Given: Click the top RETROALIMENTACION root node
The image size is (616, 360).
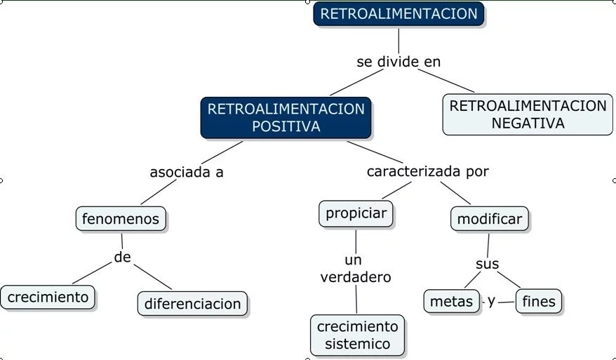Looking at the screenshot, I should pos(399,14).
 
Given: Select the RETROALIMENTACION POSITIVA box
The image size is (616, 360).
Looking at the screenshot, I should pos(286,117).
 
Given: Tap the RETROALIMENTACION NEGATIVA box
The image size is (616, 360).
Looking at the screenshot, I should pos(528,114).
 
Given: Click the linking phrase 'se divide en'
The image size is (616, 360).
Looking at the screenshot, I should pos(399,62).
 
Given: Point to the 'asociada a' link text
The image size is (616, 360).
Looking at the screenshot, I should pos(187,172).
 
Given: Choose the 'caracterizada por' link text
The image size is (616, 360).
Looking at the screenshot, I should pos(428,171).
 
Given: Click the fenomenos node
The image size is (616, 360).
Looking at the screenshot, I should pos(121,219).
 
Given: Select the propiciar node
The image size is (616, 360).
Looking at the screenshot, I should pos(356,213).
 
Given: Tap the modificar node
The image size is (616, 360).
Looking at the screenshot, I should pos(490,219).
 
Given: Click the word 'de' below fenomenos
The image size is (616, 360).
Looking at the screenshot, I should pos(123,258).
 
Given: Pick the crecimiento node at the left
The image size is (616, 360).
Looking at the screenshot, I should pos(48,297).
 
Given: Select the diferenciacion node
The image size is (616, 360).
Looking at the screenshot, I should pos(192,304).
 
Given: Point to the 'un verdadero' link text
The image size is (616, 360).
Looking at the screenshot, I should pos(355,269).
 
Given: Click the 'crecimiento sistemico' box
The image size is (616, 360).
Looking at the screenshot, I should pos(357,335).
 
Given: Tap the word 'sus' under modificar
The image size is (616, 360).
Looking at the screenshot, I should pos(487,264).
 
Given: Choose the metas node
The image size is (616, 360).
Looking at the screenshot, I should pos(452,302).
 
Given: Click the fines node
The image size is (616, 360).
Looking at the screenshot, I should pos(539,302).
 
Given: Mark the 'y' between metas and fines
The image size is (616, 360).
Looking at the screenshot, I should pos(492,300).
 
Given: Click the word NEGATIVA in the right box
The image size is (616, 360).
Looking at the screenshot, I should pos(528,123).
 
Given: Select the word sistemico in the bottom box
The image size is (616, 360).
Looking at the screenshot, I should pos(357,344).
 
